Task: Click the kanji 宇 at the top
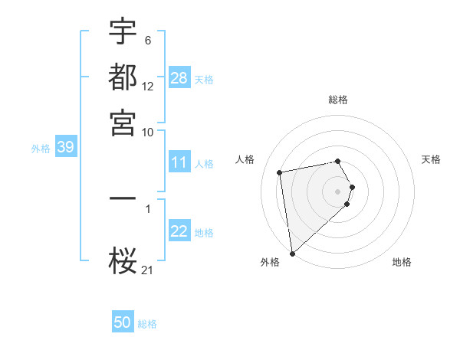(x=123, y=33)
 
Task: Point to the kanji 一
(x=123, y=198)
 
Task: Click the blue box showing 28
(x=179, y=77)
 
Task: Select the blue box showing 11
(x=179, y=162)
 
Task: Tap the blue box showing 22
(x=179, y=231)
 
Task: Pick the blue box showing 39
(x=65, y=148)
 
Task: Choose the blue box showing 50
(x=123, y=322)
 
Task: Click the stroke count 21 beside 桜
(x=148, y=269)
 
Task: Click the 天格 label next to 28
(x=204, y=79)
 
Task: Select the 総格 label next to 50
(x=147, y=324)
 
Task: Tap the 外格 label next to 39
(x=41, y=149)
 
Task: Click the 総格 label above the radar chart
(x=338, y=100)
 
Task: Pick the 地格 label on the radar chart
(x=402, y=262)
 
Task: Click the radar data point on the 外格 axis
(x=292, y=254)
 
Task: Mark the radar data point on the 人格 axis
(x=280, y=172)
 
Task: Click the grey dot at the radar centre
(x=338, y=191)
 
